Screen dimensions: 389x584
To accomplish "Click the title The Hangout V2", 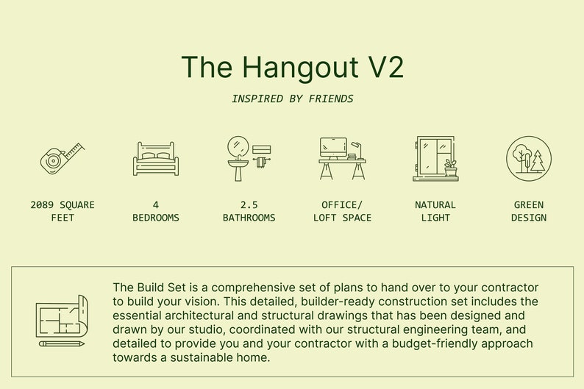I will point(292,67).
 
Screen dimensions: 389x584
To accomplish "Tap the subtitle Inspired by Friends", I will point(292,99).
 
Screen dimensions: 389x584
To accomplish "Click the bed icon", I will point(155,159).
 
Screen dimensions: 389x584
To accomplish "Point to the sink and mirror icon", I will point(246,158).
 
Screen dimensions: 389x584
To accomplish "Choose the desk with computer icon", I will point(342,158).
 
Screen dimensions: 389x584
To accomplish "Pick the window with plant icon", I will point(435,158).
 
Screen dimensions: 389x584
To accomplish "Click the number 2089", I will point(43,205).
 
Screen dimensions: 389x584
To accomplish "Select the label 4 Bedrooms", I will point(155,211).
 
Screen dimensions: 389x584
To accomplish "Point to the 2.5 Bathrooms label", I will point(249,211).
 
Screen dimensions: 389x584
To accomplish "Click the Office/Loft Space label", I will point(342,211).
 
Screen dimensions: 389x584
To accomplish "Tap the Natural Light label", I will point(435,211).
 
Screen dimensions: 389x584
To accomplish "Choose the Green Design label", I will point(528,211).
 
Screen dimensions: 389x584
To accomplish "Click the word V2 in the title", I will point(385,67).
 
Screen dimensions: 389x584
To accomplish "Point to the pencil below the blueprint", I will point(62,343).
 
